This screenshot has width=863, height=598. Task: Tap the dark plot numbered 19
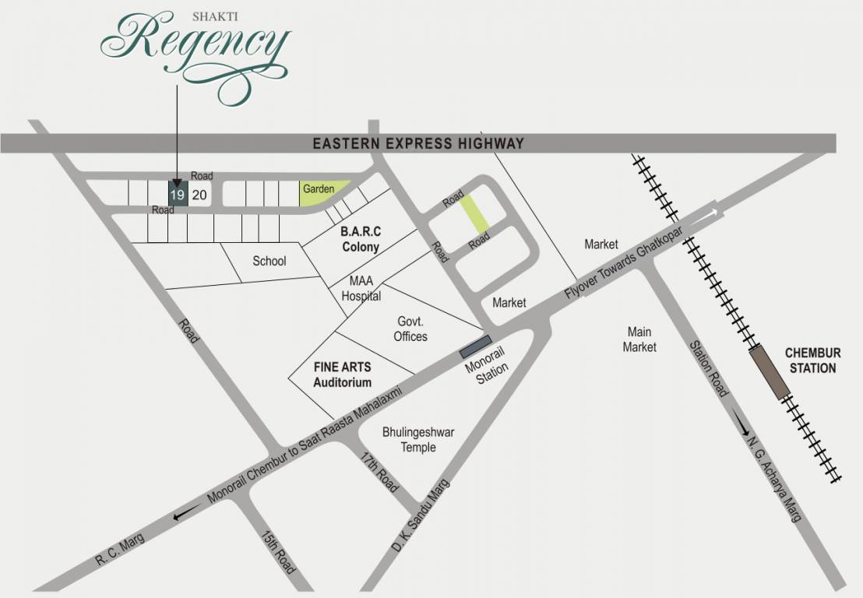tap(178, 194)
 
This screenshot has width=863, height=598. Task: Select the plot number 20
tap(199, 195)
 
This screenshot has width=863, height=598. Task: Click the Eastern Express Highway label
tap(418, 143)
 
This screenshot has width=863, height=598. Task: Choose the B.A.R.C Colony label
tap(360, 239)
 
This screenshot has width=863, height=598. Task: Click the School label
tap(269, 261)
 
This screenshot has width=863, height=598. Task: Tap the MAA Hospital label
tap(361, 289)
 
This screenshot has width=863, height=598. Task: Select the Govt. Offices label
tap(410, 329)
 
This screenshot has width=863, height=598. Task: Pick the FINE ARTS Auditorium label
tap(342, 374)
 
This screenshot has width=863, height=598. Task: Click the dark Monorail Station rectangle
tap(475, 347)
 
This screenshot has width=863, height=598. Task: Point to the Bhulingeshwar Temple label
tap(418, 439)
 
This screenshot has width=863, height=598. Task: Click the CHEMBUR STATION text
tap(812, 361)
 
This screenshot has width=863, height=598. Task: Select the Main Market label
tap(639, 339)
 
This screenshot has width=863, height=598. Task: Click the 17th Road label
tap(380, 471)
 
